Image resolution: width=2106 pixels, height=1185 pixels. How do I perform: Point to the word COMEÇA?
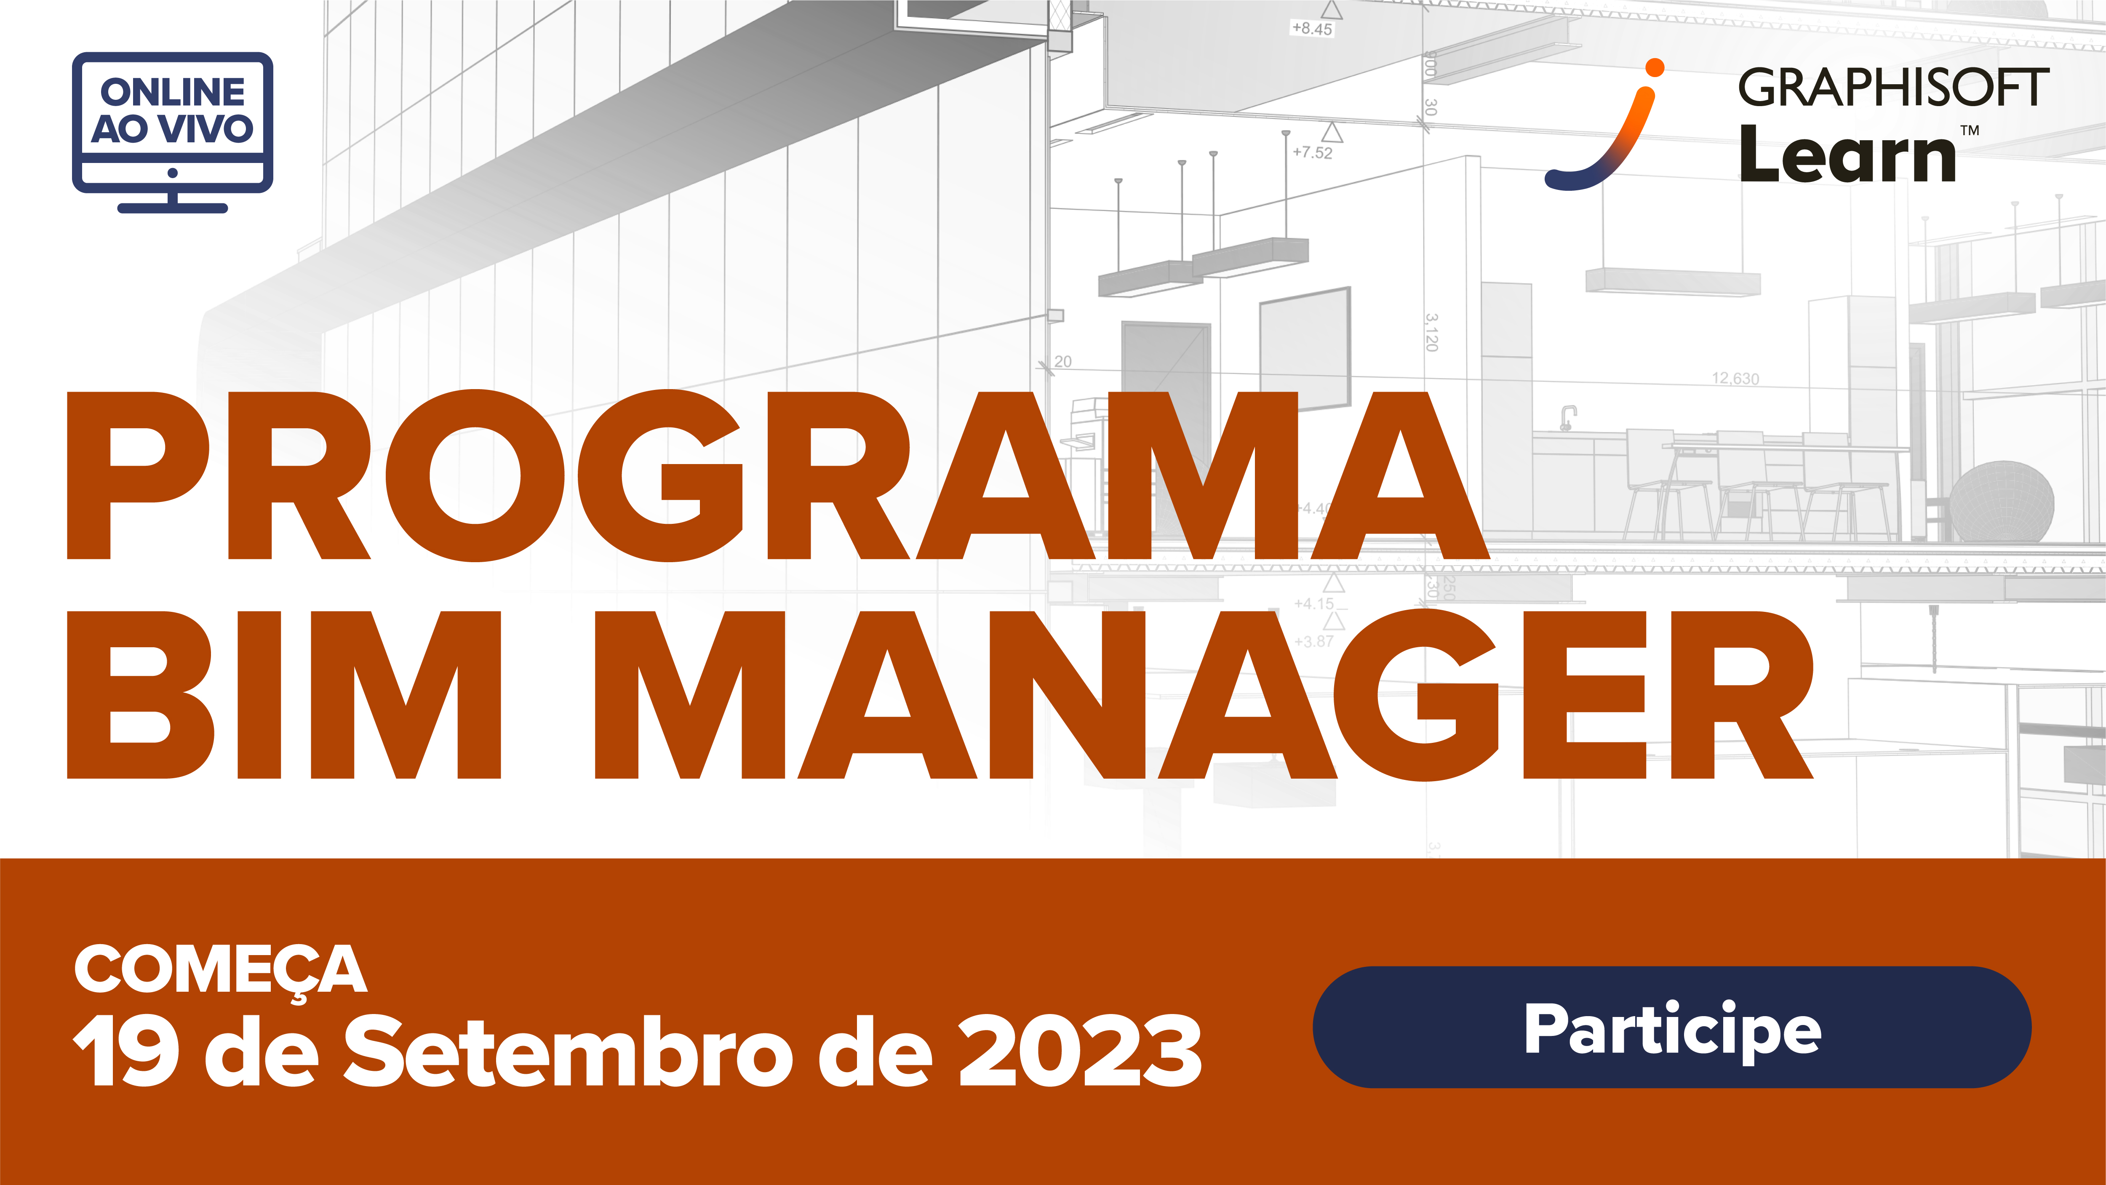coord(221,970)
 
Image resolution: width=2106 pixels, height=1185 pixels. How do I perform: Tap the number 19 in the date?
coord(127,1052)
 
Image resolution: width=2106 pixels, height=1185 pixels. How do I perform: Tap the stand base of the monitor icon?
coord(173,208)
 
